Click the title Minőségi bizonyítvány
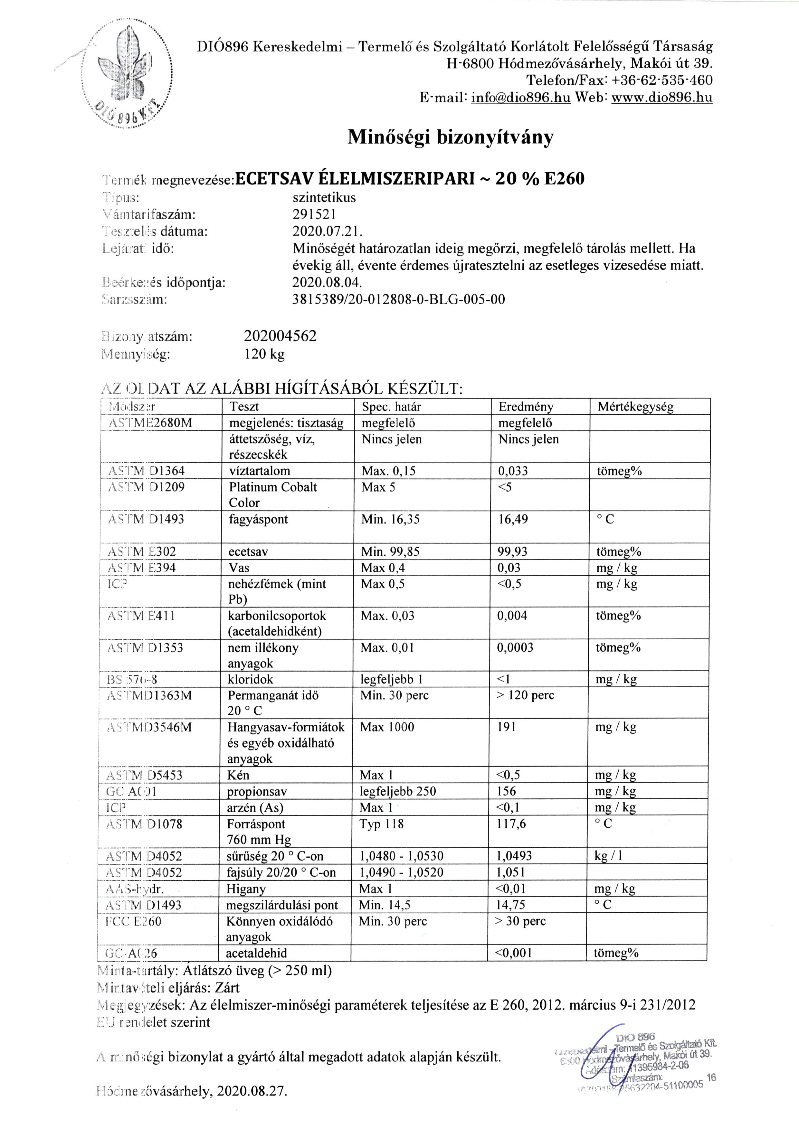click(450, 137)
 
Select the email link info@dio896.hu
click(520, 97)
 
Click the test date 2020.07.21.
click(327, 231)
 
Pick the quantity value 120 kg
click(264, 354)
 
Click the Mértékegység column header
click(635, 407)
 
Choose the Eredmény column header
click(526, 407)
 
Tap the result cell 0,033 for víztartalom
click(513, 471)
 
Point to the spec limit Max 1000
click(387, 727)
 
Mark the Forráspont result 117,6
click(511, 823)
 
